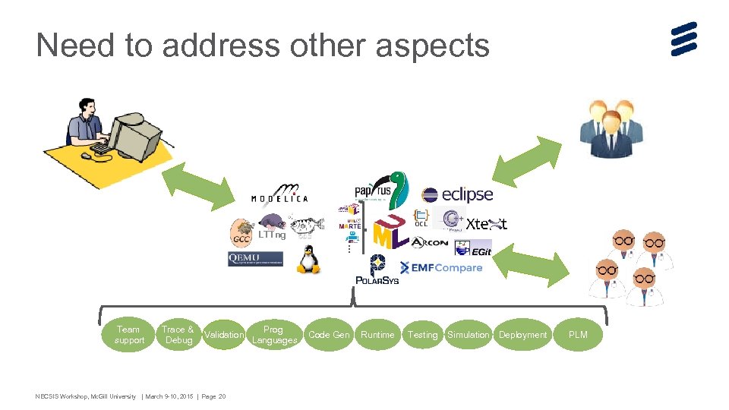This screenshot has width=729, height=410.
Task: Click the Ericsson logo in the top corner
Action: (683, 39)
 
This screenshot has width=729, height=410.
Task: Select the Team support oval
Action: (129, 335)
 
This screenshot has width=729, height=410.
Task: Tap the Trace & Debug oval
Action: (178, 335)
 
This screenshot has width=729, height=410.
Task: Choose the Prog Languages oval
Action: (274, 335)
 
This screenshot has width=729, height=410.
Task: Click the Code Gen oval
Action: (330, 335)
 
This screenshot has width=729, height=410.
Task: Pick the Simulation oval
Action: (469, 335)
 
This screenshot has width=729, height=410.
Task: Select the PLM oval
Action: (578, 335)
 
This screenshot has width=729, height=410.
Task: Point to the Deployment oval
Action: (522, 335)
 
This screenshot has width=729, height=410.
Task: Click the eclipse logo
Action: (457, 195)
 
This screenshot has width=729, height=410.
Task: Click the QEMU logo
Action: (255, 259)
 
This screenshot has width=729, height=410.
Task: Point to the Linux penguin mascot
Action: (307, 260)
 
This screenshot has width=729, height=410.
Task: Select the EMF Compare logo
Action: (441, 268)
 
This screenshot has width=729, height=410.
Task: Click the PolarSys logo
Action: (377, 270)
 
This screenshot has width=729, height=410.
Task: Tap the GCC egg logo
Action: (242, 232)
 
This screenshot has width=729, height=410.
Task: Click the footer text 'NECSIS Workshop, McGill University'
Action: (86, 396)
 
